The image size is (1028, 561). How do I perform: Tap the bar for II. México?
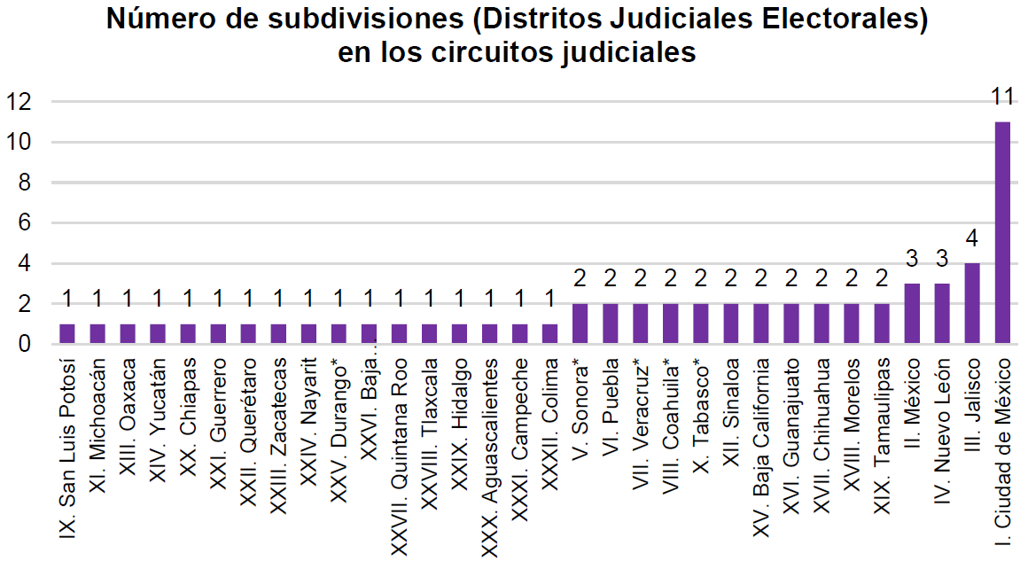pos(912,313)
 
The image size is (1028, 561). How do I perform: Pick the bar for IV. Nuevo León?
pos(942,313)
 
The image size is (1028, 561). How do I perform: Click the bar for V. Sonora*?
pos(580,323)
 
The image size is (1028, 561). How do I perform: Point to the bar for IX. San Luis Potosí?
pos(67,333)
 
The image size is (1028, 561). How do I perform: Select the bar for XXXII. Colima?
pos(550,333)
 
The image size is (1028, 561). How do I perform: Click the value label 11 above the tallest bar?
pos(1002,95)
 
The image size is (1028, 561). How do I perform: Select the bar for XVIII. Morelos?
pos(852,323)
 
